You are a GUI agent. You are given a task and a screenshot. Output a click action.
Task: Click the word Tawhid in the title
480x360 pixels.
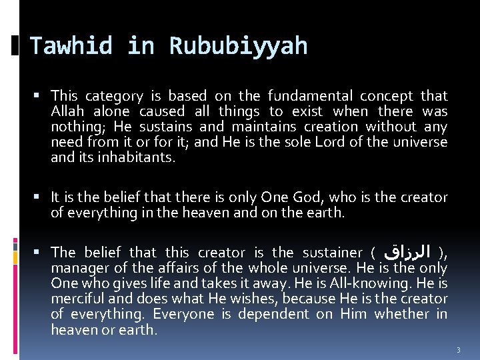pos(71,46)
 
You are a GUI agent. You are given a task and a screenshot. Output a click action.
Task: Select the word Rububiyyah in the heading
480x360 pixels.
pos(238,46)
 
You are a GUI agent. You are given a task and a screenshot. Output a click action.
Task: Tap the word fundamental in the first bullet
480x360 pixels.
pos(310,96)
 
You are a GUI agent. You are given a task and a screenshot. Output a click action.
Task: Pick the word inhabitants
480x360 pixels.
pos(136,157)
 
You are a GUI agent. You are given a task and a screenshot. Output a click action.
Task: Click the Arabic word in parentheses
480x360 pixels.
pos(407,253)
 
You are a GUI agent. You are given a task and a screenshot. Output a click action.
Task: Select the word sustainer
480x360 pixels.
pos(332,253)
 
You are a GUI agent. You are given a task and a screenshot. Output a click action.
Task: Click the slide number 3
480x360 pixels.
pos(459,349)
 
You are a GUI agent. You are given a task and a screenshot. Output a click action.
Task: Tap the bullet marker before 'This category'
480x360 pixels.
pos(41,96)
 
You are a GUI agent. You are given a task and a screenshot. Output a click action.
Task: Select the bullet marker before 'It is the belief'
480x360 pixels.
pos(41,197)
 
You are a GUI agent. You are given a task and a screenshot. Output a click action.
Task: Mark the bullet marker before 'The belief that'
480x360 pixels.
pos(41,252)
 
